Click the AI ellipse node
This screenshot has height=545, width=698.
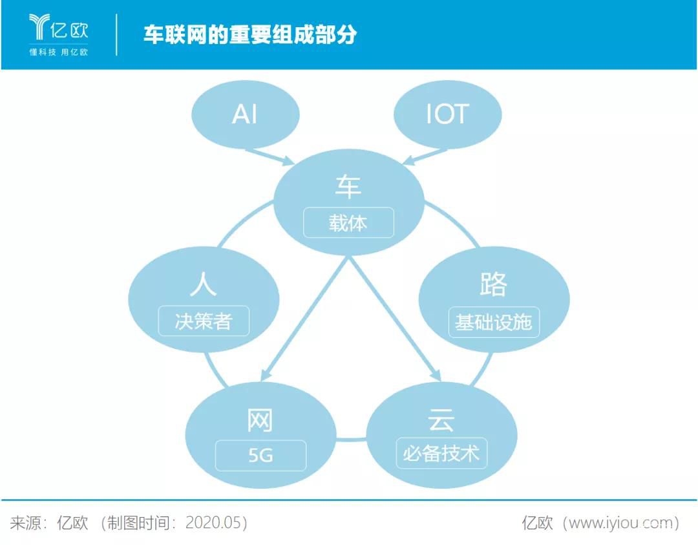point(246,114)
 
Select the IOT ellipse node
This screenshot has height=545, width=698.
point(447,114)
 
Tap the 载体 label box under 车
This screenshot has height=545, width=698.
point(348,223)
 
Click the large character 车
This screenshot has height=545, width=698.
point(348,187)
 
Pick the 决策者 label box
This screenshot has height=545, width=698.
point(204,321)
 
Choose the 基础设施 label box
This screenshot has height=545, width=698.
point(494,321)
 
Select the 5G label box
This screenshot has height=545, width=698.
point(260,455)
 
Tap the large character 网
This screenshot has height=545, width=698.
point(260,420)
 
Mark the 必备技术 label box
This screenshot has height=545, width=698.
point(441,453)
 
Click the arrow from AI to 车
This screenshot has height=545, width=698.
point(270,156)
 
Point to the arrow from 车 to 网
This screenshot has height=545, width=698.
point(304,317)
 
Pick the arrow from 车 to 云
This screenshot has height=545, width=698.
point(394,317)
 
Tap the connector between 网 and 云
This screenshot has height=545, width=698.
point(351,439)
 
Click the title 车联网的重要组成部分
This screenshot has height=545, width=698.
point(249,34)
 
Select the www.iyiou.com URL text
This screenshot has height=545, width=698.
point(620,522)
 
